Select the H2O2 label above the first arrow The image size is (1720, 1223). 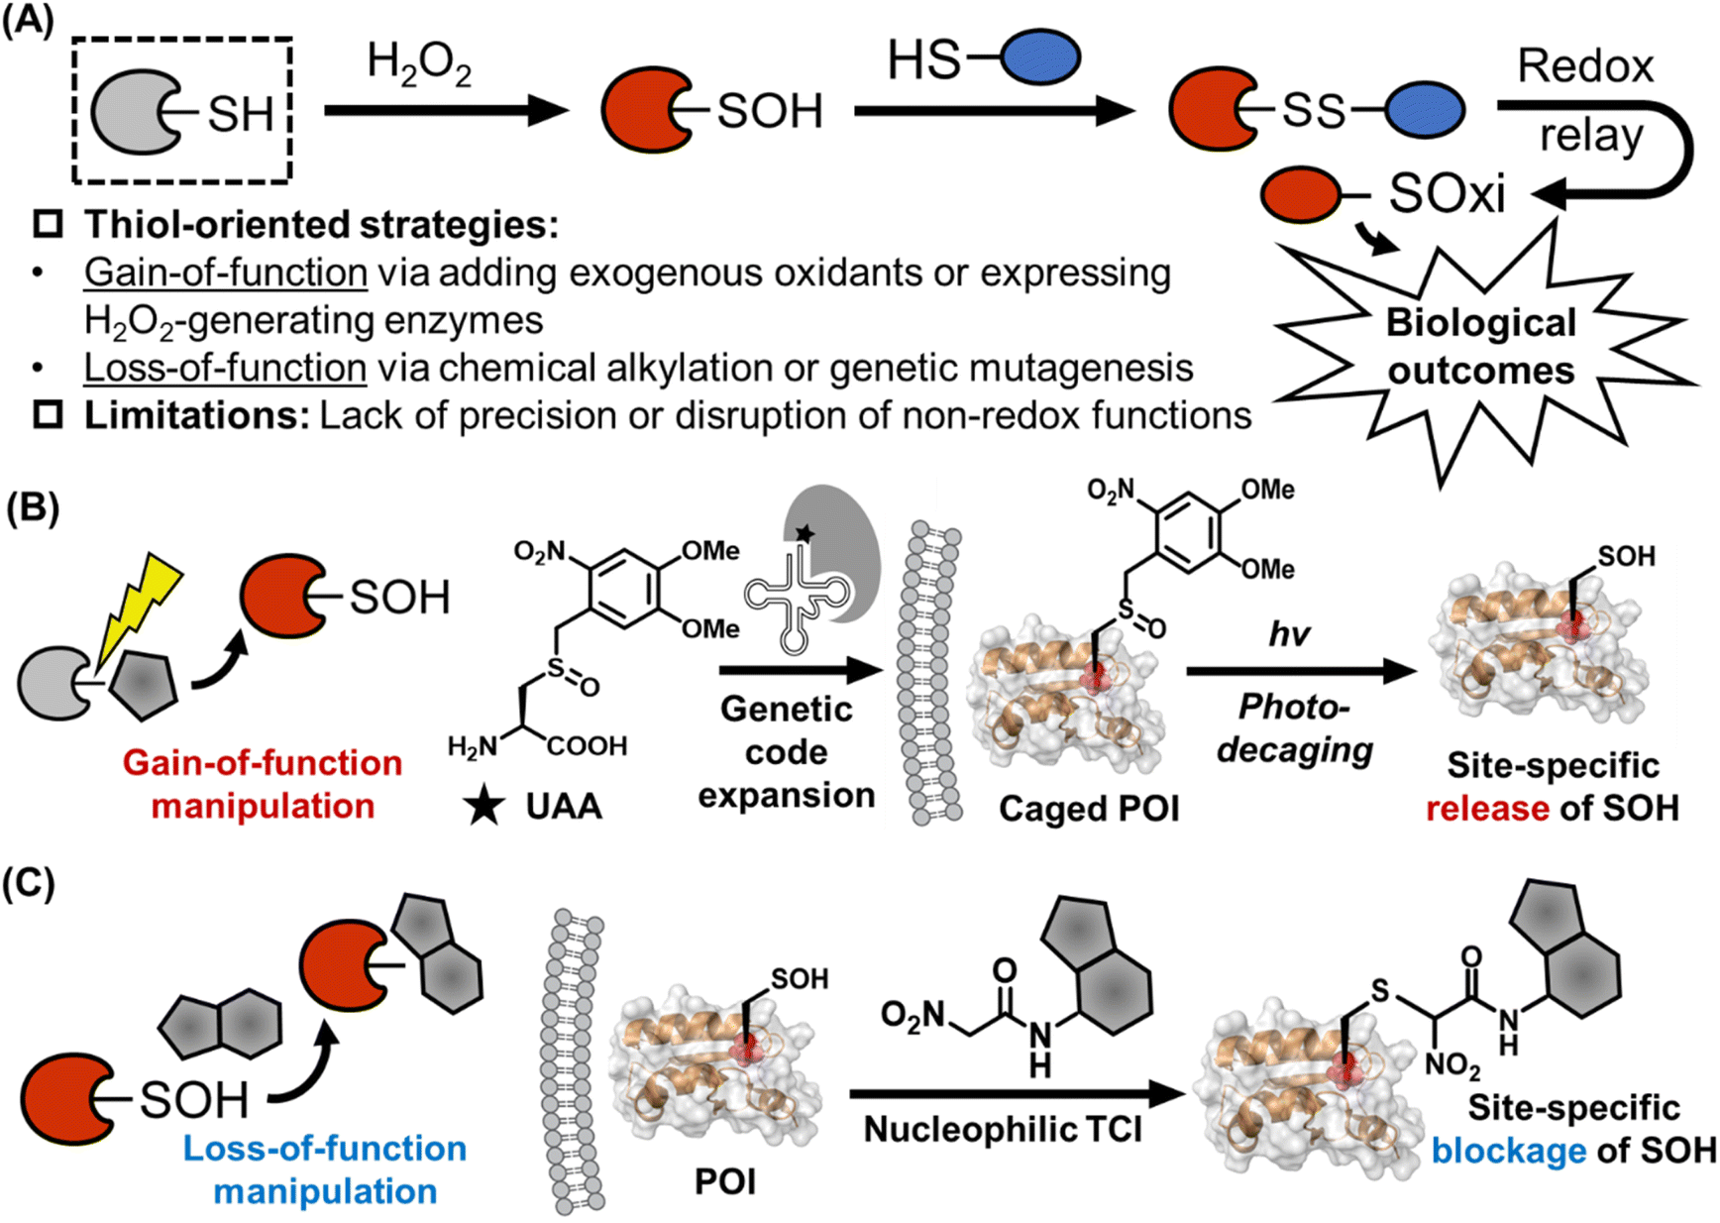coord(419,64)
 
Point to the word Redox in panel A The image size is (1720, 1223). coord(1585,66)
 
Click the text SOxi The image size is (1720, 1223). coord(1447,194)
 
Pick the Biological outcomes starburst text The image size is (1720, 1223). coord(1481,347)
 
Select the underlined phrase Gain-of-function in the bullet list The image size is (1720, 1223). coord(226,272)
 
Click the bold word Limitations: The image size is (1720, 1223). coord(197,416)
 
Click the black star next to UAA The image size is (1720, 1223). coord(484,807)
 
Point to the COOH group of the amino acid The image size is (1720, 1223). coord(588,745)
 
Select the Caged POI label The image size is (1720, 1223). coord(1089,809)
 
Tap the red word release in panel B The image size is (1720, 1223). coord(1486,809)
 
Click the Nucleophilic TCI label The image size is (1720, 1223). coord(1003,1129)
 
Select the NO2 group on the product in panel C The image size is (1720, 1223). coord(1451,1066)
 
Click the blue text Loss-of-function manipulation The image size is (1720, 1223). coord(325,1169)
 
